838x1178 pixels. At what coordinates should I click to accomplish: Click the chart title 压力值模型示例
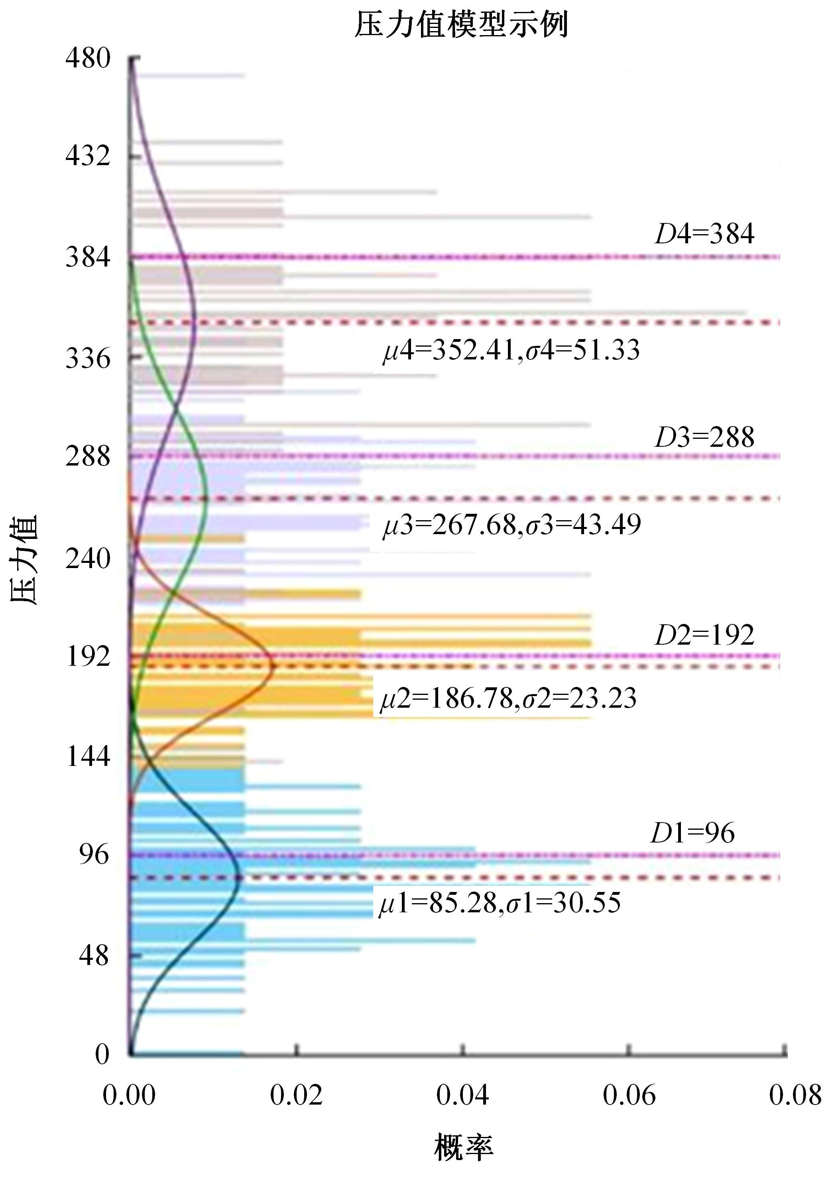point(461,24)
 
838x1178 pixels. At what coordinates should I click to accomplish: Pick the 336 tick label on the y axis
point(88,358)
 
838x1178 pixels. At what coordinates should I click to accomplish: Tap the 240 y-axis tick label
point(88,558)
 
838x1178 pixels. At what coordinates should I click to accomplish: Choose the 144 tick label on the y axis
point(88,757)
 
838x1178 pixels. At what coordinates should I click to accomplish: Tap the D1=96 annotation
point(692,833)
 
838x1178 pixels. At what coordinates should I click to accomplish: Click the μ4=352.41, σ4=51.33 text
point(511,350)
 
